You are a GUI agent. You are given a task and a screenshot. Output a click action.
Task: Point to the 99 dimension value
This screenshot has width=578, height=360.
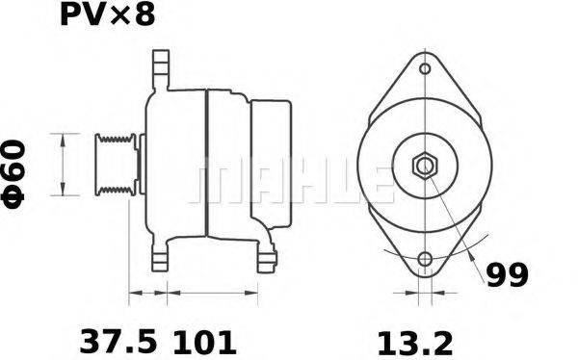[505, 276]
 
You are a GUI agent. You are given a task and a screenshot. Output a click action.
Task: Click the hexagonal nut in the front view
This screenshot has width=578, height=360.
[424, 166]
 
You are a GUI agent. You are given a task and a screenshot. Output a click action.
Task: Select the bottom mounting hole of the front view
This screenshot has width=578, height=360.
[424, 258]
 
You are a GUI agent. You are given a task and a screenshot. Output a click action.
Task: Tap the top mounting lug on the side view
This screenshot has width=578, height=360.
[159, 69]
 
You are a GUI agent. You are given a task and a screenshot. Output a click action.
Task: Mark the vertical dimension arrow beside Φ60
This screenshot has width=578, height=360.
[64, 165]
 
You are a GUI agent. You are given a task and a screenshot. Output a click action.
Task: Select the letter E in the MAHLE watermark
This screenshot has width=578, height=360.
[381, 183]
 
